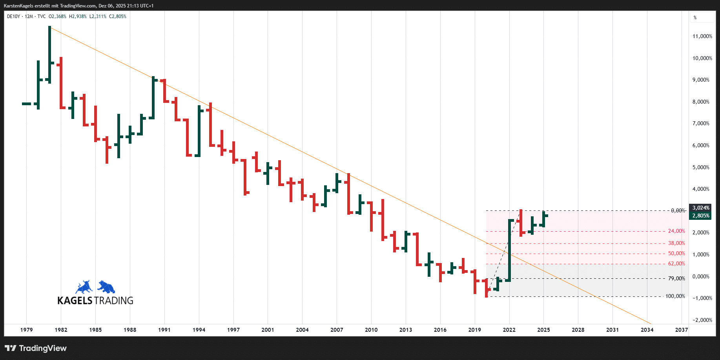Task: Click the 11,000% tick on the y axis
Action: [702, 37]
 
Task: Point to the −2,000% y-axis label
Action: [702, 320]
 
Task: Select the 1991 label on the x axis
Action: [164, 330]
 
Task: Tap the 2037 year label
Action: [681, 330]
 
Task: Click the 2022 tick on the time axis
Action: [509, 330]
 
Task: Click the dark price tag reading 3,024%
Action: [700, 208]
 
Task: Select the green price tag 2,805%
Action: [700, 216]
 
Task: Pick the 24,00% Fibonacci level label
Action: [676, 231]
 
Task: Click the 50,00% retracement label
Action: [676, 254]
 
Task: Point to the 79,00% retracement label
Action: [676, 278]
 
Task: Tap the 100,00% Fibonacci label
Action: [675, 296]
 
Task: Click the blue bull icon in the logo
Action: [84, 287]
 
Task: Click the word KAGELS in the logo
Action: [75, 301]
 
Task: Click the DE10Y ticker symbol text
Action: [13, 16]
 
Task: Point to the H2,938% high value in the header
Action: [78, 16]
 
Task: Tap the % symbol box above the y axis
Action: [695, 18]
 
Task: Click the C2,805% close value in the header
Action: [118, 16]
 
